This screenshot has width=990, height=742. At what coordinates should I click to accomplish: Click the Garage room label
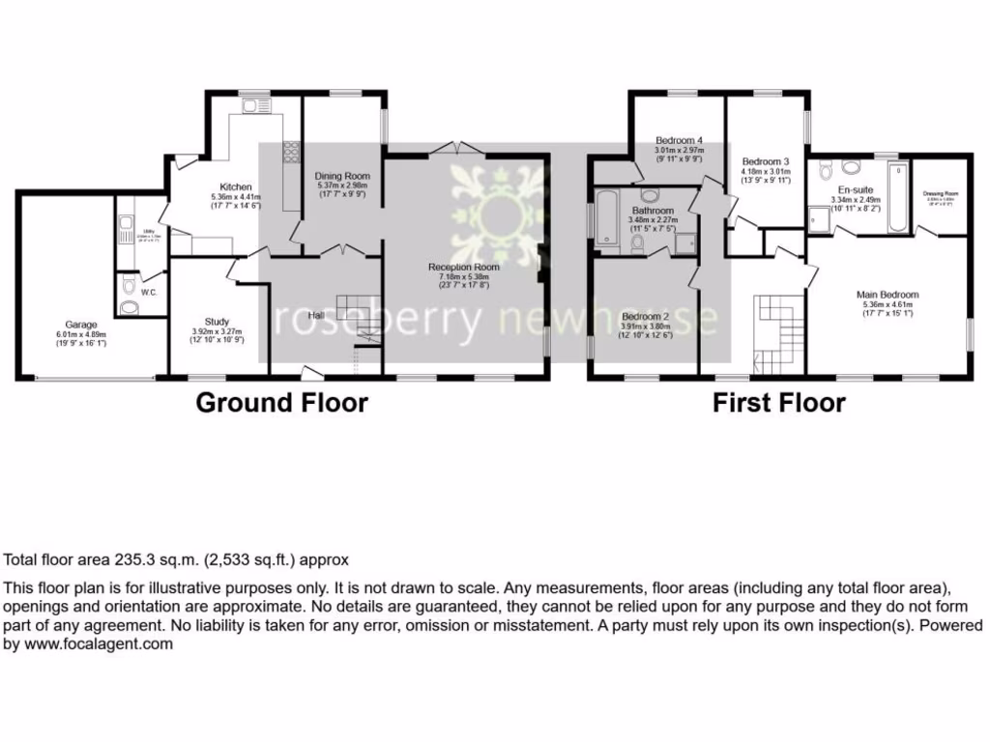point(81,325)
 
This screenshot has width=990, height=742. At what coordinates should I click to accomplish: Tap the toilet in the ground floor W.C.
point(129,308)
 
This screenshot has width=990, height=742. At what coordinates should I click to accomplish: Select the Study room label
point(217,322)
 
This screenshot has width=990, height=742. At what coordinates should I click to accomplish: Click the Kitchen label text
point(236,187)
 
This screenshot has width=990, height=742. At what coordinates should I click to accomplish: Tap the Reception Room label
point(465,267)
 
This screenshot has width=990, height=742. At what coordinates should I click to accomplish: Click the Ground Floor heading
point(281,403)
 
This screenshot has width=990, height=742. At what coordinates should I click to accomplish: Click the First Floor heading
point(779,403)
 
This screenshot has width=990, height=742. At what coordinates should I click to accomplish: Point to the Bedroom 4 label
point(679,140)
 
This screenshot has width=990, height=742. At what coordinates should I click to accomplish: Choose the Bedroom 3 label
point(766,161)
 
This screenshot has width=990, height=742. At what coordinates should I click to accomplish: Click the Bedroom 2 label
point(646,317)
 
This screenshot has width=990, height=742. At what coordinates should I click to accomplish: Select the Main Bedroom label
point(888,295)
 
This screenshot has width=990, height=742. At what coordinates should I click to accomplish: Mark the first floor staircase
point(777,333)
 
